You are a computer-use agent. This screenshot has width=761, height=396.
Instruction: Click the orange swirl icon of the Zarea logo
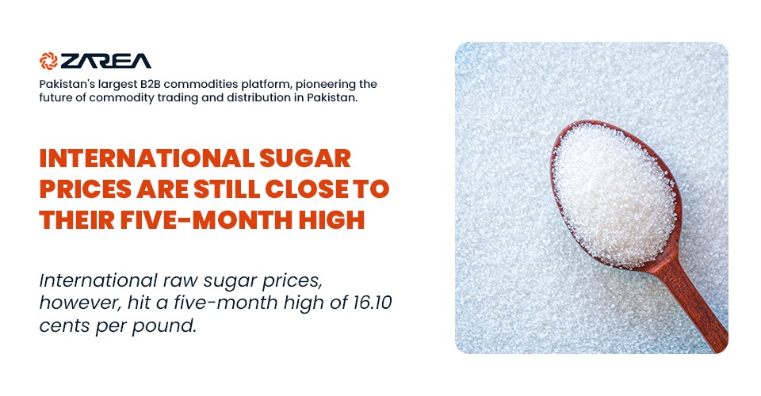(x=48, y=60)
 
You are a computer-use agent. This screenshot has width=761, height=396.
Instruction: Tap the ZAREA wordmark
(x=105, y=61)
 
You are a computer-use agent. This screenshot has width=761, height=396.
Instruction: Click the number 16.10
(x=373, y=303)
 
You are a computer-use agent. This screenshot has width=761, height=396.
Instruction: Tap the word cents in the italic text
(x=65, y=326)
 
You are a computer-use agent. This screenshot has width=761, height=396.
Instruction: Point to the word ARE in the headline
(x=163, y=189)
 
